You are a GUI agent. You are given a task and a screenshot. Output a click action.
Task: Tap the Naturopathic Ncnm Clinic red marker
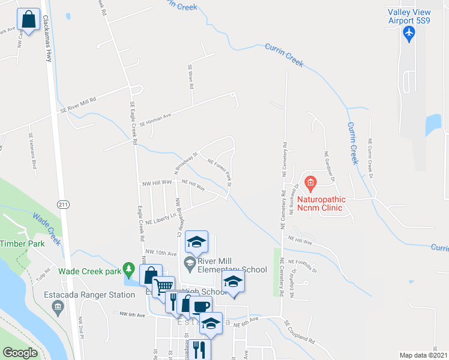coord(310,182)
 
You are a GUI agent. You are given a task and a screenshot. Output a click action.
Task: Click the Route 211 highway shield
coord(63,205)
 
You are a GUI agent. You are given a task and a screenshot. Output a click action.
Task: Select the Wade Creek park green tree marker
coord(127,268)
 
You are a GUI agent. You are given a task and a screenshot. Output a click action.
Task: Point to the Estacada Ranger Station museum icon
coord(58,308)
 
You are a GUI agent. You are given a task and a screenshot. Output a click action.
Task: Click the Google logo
coord(20,353)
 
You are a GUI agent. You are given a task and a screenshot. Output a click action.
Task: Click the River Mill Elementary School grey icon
coord(189,261)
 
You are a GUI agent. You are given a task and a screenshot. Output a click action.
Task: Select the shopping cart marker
coord(163,286)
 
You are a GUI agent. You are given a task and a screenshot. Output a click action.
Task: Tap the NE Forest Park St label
coord(219,169)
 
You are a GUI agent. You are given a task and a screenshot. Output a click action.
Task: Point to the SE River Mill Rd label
coord(77,106)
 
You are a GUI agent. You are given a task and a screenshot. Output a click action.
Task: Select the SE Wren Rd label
coord(191,77)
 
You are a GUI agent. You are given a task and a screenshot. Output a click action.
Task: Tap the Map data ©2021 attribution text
coord(423,355)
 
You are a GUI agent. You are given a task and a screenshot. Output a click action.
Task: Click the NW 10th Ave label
coord(160,253)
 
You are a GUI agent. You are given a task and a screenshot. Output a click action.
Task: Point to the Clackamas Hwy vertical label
coord(46,37)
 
